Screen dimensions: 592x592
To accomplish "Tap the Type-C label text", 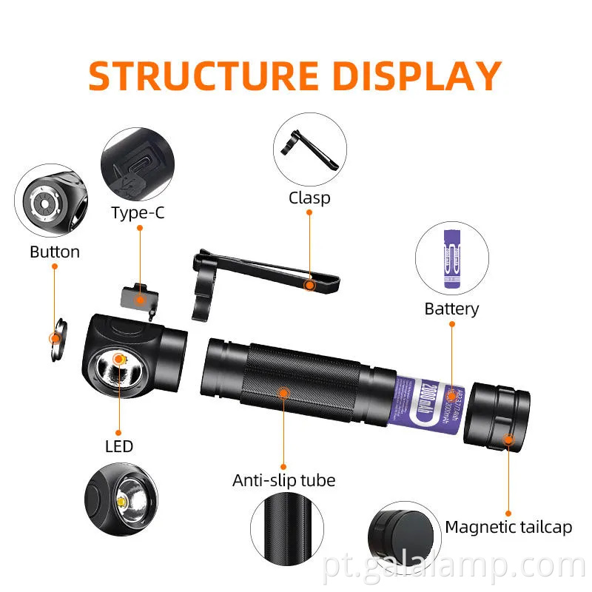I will click(138, 213).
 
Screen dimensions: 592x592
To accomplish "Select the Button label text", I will click(55, 252).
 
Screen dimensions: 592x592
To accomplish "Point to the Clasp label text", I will click(309, 198).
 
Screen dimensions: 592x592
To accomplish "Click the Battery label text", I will click(451, 309).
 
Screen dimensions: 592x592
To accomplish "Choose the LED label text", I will click(119, 446).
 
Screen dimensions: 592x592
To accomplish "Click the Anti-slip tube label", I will click(283, 480).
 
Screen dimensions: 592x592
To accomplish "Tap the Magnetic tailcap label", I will click(508, 527).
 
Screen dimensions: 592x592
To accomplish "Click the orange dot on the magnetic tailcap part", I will click(508, 440).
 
